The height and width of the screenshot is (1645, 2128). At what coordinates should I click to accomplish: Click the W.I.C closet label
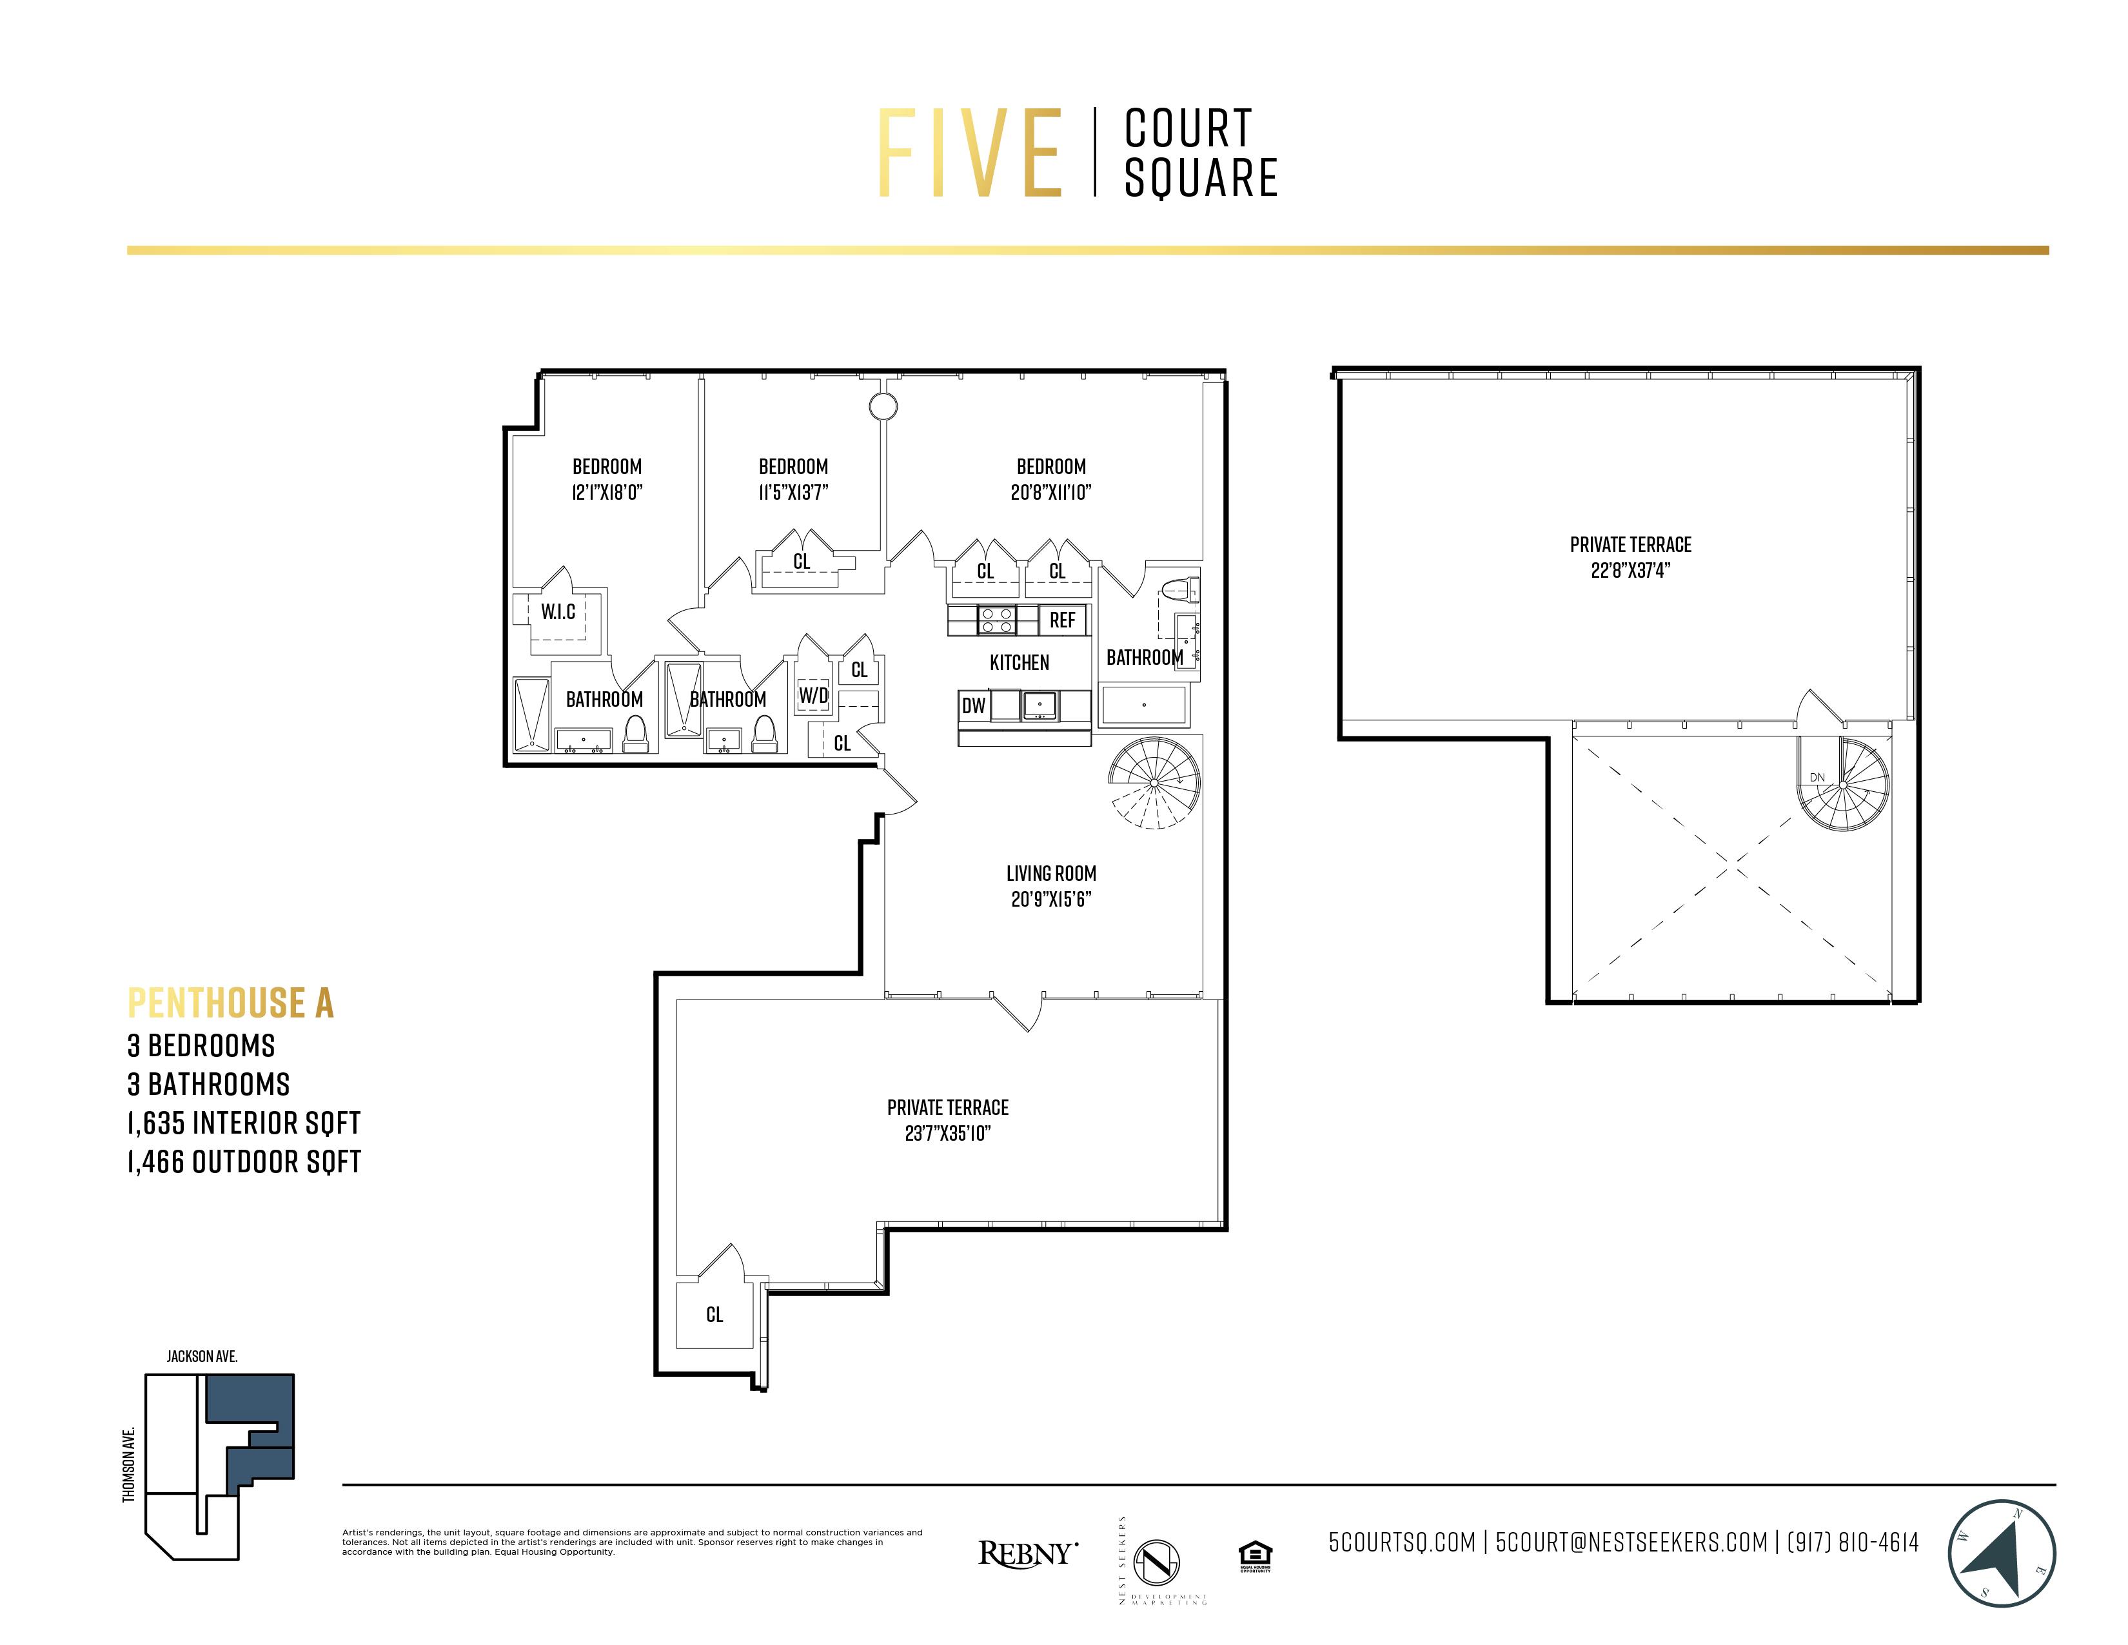click(x=558, y=612)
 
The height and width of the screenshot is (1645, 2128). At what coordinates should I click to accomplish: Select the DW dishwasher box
click(x=973, y=705)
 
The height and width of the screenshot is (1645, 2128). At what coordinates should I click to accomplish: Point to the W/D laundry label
click(x=814, y=696)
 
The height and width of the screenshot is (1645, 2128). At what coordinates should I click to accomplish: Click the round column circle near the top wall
click(x=883, y=406)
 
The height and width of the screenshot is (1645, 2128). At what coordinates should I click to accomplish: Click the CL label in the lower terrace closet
click(x=714, y=1315)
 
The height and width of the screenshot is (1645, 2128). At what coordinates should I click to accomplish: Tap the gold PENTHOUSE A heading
click(x=231, y=1003)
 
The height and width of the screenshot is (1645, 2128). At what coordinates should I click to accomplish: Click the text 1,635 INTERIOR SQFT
click(x=244, y=1123)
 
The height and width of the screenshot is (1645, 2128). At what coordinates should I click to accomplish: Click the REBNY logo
click(x=1028, y=1553)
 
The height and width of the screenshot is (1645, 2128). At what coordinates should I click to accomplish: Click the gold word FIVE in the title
click(x=969, y=154)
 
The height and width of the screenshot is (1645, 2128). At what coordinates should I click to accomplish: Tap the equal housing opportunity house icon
click(x=1254, y=1553)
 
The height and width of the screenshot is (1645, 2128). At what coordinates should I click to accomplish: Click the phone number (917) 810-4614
click(x=1852, y=1542)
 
